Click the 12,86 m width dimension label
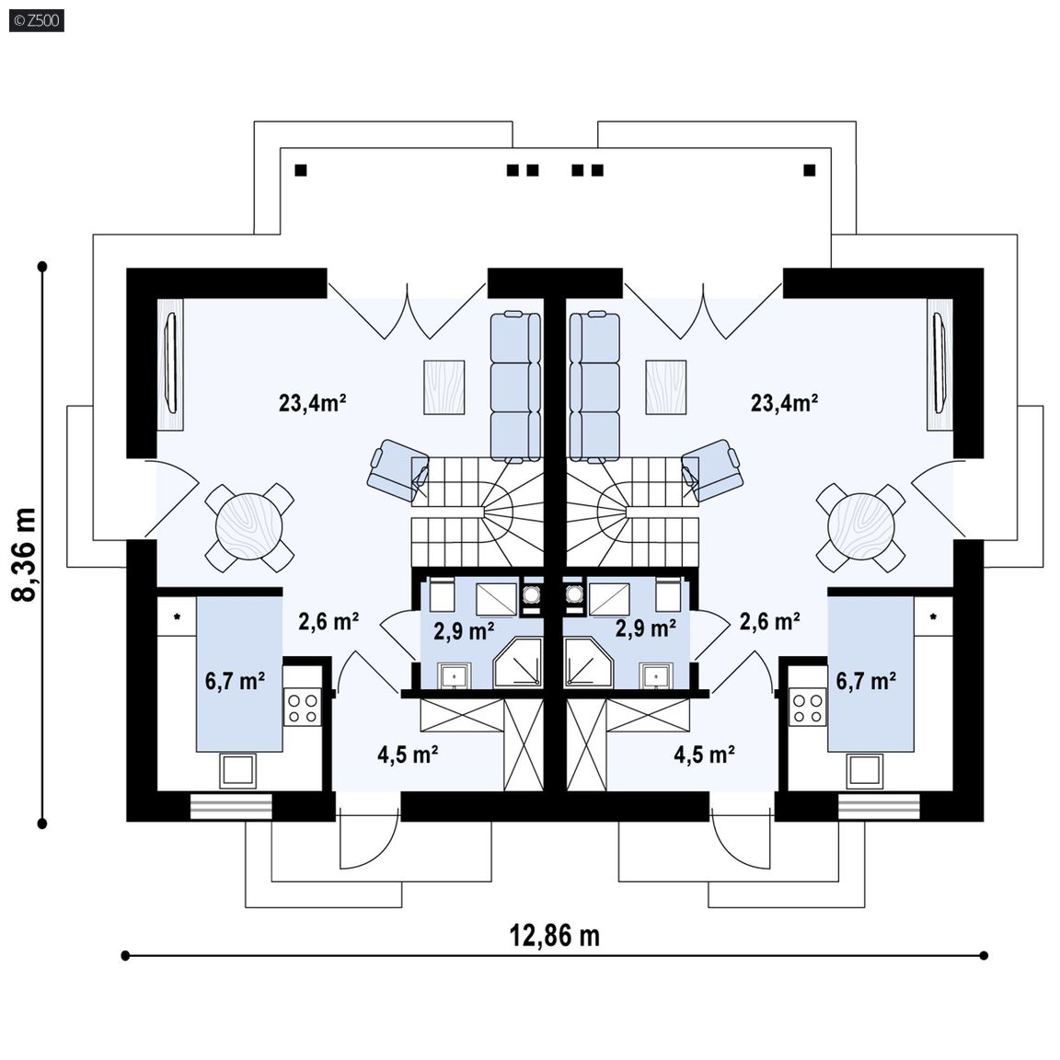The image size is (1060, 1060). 554,937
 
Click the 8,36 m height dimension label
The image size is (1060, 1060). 26,554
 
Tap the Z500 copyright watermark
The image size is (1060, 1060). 37,20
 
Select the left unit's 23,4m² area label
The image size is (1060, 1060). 312,403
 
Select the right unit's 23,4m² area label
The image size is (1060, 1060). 784,403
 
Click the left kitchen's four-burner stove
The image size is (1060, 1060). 303,707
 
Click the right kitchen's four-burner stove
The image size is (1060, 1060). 808,707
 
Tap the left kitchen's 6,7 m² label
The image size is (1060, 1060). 235,681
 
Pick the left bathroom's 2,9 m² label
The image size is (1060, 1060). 463,630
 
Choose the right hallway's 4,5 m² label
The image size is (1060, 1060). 704,755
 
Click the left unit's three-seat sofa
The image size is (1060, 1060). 515,386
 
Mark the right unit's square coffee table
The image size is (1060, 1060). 666,387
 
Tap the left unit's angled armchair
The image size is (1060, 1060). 398,470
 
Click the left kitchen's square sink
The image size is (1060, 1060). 238,771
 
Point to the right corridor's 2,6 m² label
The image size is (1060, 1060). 770,621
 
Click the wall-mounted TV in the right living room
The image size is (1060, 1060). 939,363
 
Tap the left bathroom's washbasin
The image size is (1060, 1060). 455,676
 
